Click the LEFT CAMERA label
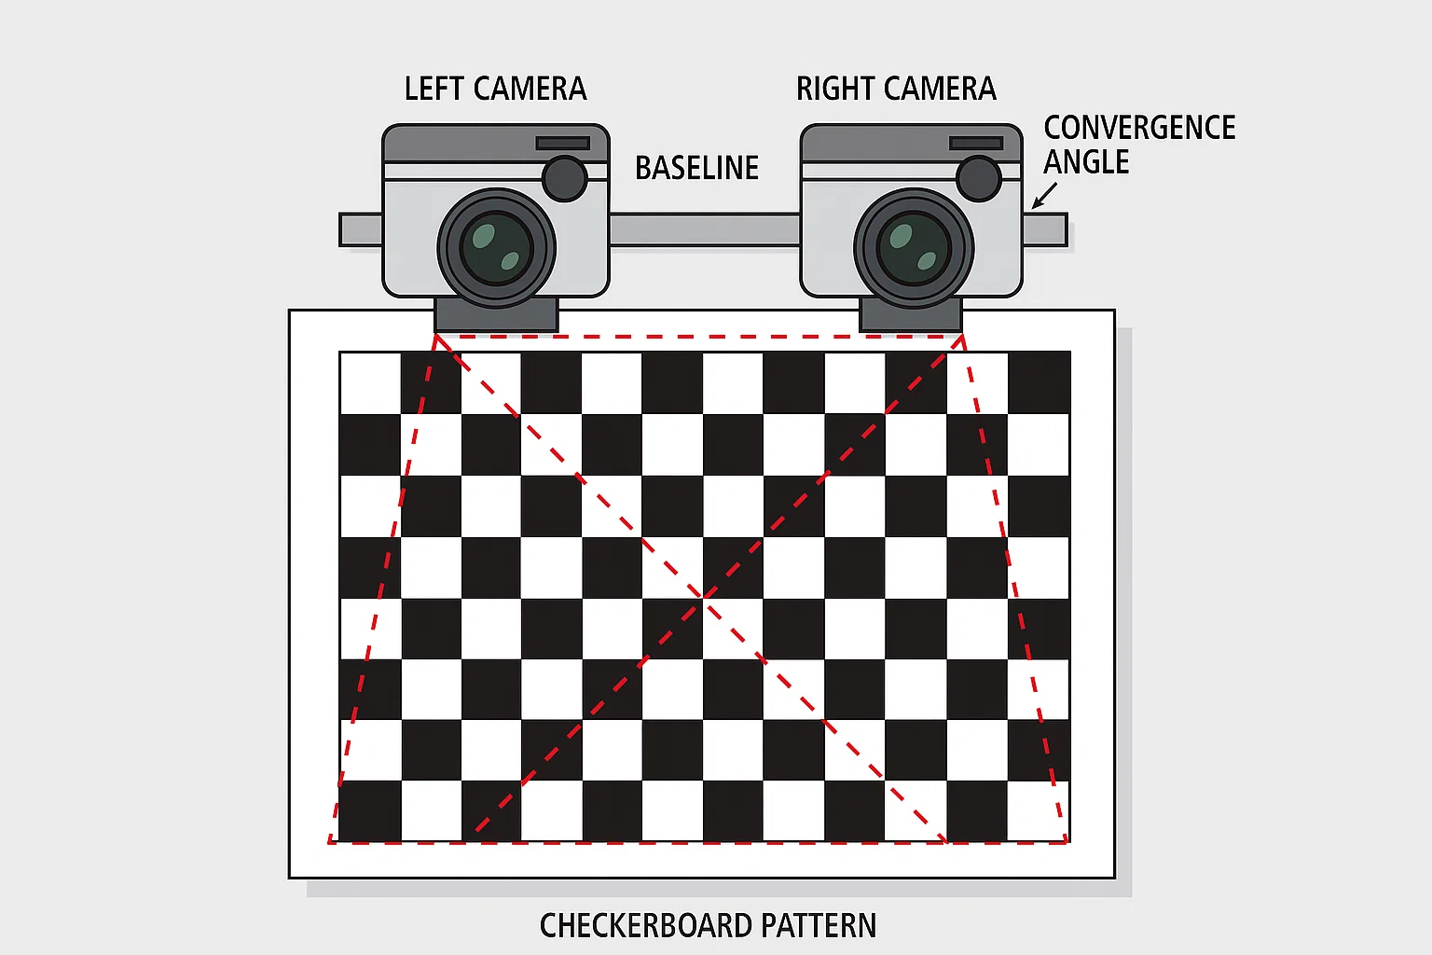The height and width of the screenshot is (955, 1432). [495, 89]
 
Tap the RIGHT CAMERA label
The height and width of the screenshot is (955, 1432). [896, 89]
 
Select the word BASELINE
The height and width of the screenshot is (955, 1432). [696, 168]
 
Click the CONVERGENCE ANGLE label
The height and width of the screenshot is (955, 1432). [1139, 145]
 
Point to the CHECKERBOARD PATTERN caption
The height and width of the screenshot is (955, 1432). [708, 925]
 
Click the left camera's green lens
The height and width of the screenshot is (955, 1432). [496, 248]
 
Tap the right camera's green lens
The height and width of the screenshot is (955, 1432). [914, 248]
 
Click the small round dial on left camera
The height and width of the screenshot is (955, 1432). [564, 178]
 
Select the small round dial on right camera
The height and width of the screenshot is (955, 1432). [979, 178]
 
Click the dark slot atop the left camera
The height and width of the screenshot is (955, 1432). [562, 144]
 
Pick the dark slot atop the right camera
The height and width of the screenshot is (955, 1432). [976, 144]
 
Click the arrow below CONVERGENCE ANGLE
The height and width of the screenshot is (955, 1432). [1044, 196]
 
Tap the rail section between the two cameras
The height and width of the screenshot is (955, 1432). [705, 229]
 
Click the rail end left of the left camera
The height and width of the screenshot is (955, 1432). [361, 229]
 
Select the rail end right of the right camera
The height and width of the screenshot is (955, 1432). [1044, 229]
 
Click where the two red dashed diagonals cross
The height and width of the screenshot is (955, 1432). [704, 597]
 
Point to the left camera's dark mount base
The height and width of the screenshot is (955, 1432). [496, 315]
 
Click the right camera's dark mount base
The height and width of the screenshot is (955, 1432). [911, 315]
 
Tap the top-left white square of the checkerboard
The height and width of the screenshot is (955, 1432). [371, 382]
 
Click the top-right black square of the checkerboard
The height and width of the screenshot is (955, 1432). [1039, 382]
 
